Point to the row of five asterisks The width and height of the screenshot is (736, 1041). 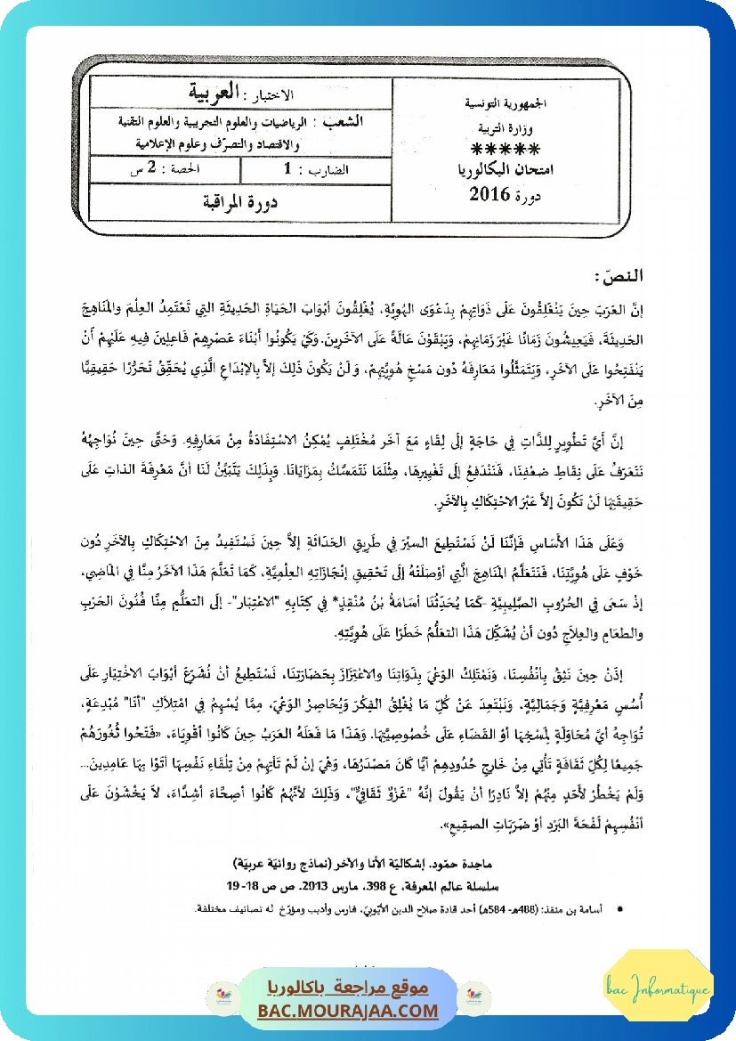[x=505, y=149]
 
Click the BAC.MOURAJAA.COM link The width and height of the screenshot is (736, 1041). [x=349, y=1011]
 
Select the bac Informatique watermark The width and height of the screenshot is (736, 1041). [x=658, y=992]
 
